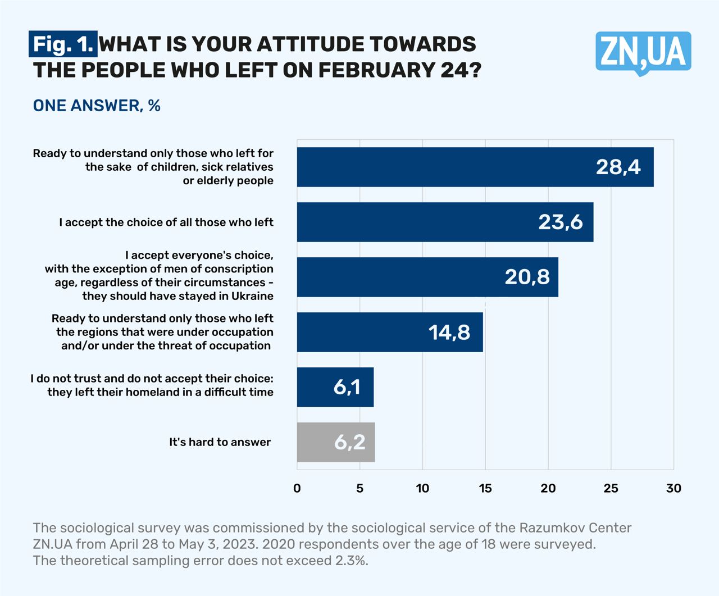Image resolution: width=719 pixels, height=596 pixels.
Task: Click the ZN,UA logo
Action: click(643, 52)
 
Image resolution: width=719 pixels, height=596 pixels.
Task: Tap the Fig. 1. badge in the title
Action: click(63, 44)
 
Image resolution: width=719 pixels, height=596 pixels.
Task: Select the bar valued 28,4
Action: click(475, 167)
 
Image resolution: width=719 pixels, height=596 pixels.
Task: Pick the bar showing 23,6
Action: click(445, 222)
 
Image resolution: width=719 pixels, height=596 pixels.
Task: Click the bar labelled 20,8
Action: click(427, 277)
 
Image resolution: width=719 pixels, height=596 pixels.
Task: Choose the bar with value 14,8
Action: click(390, 332)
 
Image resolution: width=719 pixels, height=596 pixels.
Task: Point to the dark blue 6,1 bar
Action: click(335, 387)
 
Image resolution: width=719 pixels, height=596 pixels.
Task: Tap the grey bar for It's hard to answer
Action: click(336, 442)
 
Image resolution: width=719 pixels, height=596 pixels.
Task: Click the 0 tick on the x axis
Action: click(297, 488)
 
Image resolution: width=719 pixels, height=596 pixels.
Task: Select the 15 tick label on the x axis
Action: click(485, 488)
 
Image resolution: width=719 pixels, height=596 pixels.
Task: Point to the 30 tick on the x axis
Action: click(674, 488)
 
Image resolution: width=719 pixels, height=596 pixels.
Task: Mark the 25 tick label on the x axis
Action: click(611, 488)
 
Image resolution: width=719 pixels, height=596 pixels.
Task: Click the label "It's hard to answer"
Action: click(220, 442)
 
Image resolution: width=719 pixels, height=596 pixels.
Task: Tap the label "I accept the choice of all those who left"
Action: click(166, 222)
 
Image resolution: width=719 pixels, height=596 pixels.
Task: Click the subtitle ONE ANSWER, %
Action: click(97, 106)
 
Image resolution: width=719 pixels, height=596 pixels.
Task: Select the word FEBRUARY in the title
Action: click(375, 70)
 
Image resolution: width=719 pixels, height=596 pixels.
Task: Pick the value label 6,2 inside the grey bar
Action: click(349, 443)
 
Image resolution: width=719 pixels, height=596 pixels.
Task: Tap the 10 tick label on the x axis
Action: click(422, 488)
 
